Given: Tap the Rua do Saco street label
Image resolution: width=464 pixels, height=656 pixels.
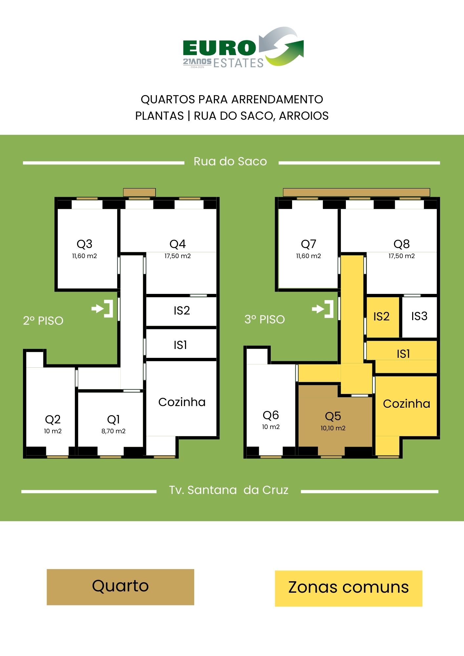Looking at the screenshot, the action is [x=230, y=161].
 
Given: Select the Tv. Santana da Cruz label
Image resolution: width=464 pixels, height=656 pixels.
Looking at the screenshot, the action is [x=229, y=490].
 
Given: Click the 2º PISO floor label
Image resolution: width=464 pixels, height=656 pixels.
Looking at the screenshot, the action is [x=43, y=320].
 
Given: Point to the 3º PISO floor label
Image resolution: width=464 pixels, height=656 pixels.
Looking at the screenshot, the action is [x=264, y=319].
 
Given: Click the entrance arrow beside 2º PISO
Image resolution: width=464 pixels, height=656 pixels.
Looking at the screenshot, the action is [x=102, y=309].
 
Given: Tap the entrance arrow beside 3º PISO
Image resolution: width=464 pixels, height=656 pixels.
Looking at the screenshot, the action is [x=323, y=309].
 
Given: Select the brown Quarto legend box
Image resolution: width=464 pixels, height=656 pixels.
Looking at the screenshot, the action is [x=120, y=587].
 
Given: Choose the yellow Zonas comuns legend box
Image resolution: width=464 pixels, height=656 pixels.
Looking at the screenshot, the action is [x=348, y=588].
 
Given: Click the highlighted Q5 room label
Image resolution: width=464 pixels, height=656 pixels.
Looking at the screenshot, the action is [x=333, y=416].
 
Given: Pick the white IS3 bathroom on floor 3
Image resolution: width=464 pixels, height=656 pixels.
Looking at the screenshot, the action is [x=419, y=316].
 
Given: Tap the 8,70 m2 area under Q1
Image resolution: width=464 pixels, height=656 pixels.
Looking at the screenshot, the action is [x=113, y=431].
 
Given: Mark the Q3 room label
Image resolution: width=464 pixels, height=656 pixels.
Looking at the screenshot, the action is [x=84, y=244].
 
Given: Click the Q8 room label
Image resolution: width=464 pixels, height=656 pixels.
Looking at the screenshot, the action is [x=401, y=244].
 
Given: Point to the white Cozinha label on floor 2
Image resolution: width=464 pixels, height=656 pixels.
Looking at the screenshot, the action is [x=182, y=402].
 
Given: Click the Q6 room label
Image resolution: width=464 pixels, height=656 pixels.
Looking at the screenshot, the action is [x=271, y=415].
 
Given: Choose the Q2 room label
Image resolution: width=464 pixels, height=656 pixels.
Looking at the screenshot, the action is [x=53, y=420].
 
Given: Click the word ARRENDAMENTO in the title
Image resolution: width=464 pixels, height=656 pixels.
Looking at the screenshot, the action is [x=277, y=99].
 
